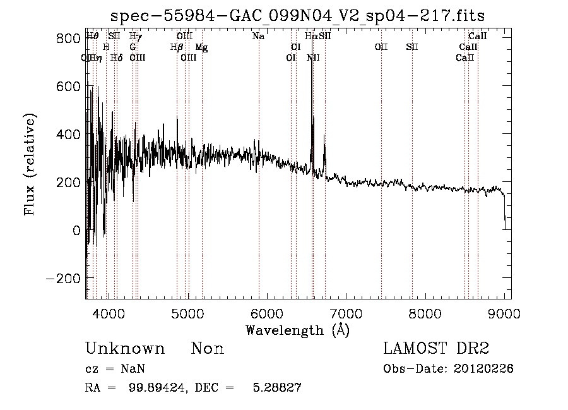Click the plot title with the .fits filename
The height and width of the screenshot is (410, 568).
298,15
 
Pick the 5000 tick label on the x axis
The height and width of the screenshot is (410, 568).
187,313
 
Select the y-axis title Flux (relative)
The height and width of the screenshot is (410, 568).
30,164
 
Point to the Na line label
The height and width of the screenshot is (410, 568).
258,37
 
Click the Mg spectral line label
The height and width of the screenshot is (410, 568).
201,47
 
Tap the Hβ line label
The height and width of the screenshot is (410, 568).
177,47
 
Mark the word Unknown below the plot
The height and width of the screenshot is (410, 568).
125,349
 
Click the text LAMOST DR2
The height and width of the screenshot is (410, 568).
436,349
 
